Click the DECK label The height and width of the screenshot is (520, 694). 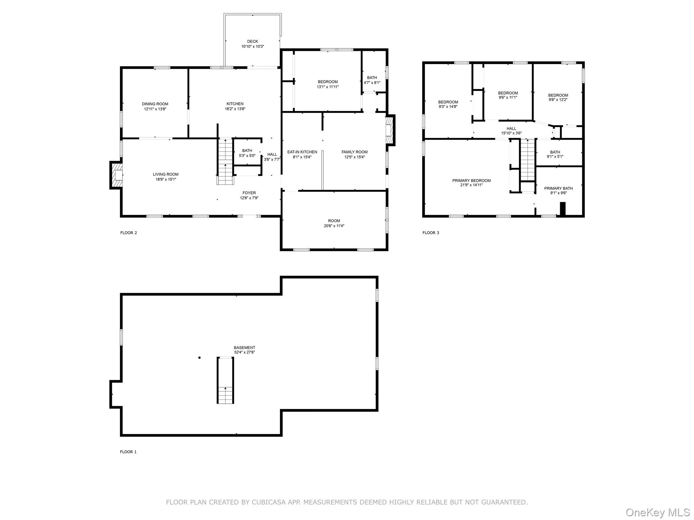pyautogui.click(x=252, y=42)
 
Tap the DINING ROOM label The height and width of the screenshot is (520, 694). pyautogui.click(x=155, y=104)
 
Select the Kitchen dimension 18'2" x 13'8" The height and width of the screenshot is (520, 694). pyautogui.click(x=235, y=109)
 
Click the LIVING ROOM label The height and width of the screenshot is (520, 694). pyautogui.click(x=165, y=174)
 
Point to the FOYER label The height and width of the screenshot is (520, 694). pyautogui.click(x=249, y=193)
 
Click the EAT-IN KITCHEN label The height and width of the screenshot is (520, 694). pyautogui.click(x=302, y=152)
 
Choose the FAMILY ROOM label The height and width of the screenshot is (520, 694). pyautogui.click(x=354, y=152)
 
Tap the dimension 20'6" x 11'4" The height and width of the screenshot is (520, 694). pyautogui.click(x=334, y=226)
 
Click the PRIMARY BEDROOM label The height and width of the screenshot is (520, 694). pyautogui.click(x=471, y=180)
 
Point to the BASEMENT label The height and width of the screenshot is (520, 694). pyautogui.click(x=244, y=348)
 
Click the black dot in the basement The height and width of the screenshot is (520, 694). pyautogui.click(x=200, y=357)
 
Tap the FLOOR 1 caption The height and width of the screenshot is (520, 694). pyautogui.click(x=128, y=452)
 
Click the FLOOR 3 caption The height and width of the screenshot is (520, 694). pyautogui.click(x=431, y=233)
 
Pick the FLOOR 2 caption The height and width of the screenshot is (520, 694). pyautogui.click(x=128, y=233)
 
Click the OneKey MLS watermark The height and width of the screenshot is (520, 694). pyautogui.click(x=658, y=512)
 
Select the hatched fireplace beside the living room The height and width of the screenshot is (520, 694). pyautogui.click(x=116, y=175)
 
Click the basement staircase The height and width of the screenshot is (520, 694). pyautogui.click(x=225, y=380)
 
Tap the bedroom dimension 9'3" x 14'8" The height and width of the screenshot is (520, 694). pyautogui.click(x=448, y=107)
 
